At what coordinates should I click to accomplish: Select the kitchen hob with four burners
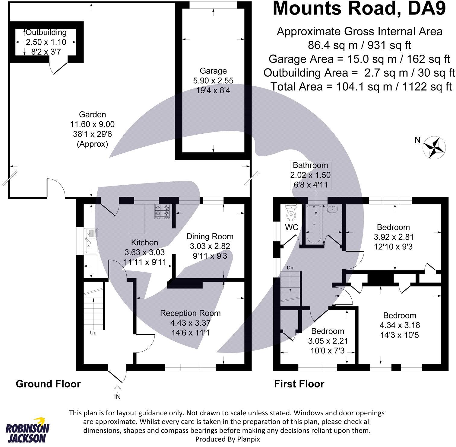[163, 211]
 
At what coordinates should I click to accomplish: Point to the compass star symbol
[435, 147]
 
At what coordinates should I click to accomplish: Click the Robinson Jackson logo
[27, 430]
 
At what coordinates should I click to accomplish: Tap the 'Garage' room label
[213, 71]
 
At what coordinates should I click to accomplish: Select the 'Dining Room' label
[210, 236]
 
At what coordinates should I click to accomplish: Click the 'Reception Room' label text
[190, 313]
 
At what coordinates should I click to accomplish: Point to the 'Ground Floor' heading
[48, 384]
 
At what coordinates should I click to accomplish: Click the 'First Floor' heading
[299, 384]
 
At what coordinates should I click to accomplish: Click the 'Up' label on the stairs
[93, 333]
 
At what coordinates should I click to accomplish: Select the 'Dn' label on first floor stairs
[290, 268]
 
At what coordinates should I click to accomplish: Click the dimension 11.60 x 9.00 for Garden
[92, 124]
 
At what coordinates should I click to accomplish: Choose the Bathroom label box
[310, 175]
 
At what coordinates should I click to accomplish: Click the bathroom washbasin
[332, 209]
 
